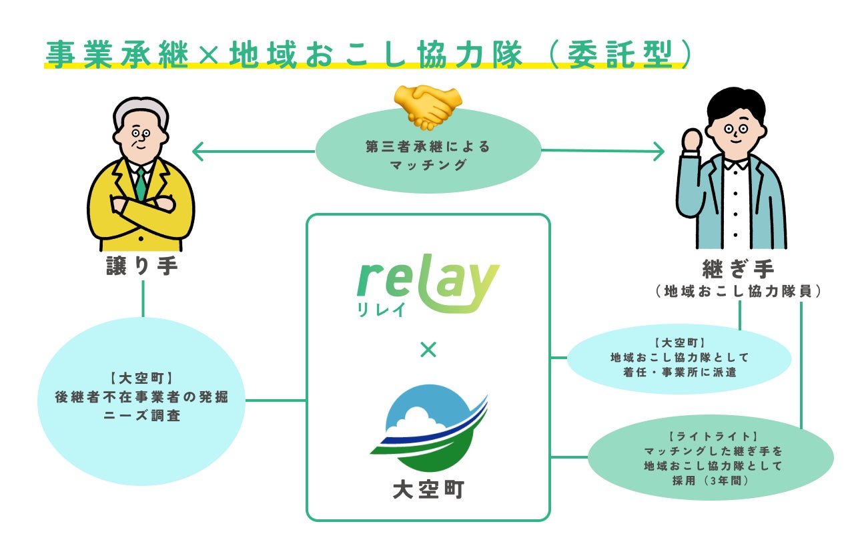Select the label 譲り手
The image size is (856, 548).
tap(142, 266)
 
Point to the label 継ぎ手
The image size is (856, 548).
tap(738, 270)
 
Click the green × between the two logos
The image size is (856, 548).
tap(428, 348)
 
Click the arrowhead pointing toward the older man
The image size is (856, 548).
tap(197, 151)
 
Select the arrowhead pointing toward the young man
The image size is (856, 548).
tap(659, 151)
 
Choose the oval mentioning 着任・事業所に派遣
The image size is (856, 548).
tap(679, 359)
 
